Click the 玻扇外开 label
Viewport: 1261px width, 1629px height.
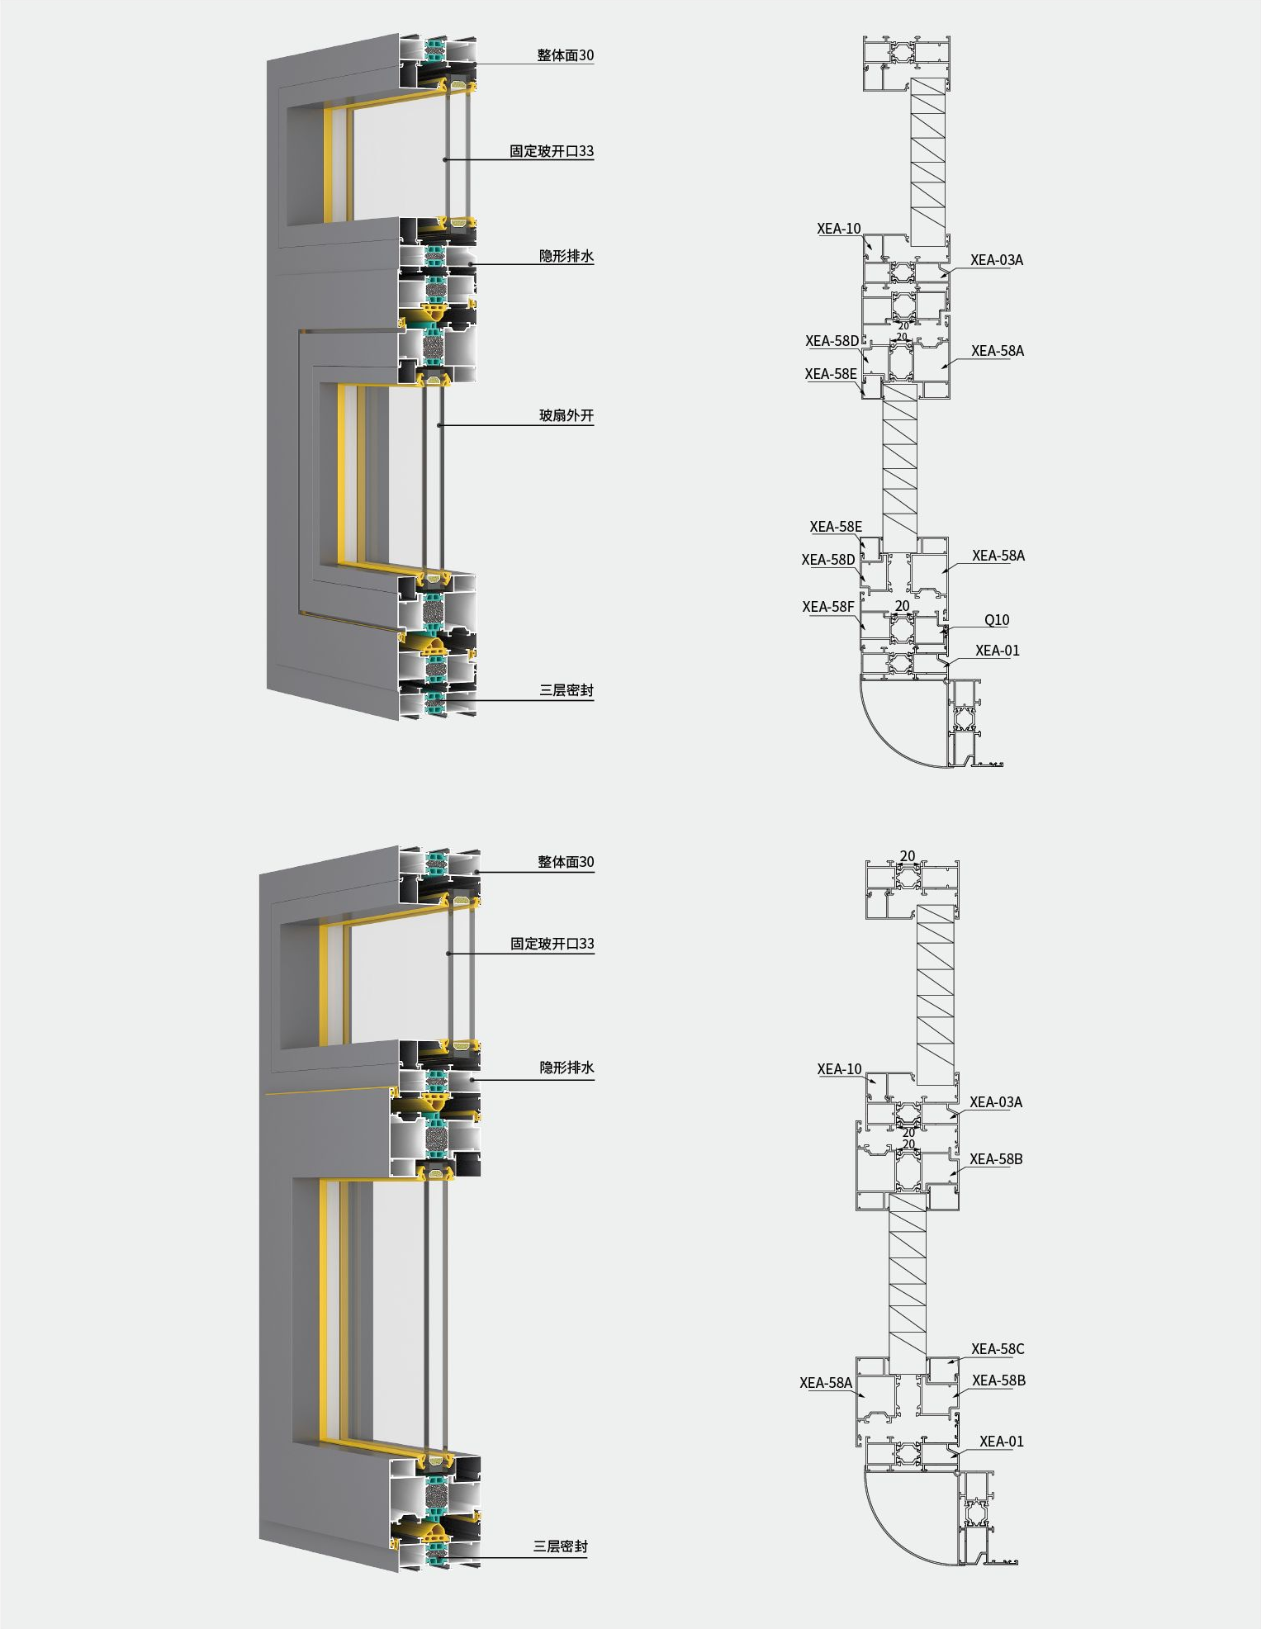(x=567, y=415)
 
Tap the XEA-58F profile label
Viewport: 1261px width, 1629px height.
(x=828, y=607)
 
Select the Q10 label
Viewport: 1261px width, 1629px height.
(x=997, y=620)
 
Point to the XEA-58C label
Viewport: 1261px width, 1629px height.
(x=998, y=1349)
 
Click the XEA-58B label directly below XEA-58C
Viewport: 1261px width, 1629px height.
(x=998, y=1380)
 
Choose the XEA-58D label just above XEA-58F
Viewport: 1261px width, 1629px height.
(x=828, y=560)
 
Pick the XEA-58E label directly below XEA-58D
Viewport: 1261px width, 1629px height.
(x=831, y=374)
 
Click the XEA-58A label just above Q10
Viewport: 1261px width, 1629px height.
(x=998, y=556)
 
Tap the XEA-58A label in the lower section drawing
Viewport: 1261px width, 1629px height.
(x=826, y=1383)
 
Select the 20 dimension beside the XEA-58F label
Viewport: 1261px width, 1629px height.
(x=903, y=606)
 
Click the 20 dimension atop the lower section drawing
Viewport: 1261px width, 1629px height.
(x=908, y=856)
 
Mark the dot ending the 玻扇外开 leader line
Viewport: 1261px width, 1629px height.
(x=440, y=425)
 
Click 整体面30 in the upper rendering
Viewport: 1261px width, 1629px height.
(x=566, y=55)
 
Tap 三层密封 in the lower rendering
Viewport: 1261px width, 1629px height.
(x=561, y=1546)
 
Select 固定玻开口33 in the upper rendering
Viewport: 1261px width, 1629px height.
(x=552, y=151)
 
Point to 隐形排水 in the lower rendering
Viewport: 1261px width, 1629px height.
(x=567, y=1068)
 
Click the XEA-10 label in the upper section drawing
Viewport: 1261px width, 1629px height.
(x=839, y=229)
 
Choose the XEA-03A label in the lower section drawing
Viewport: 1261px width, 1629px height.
(x=996, y=1102)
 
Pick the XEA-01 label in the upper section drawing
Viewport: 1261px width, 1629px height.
(x=998, y=651)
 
